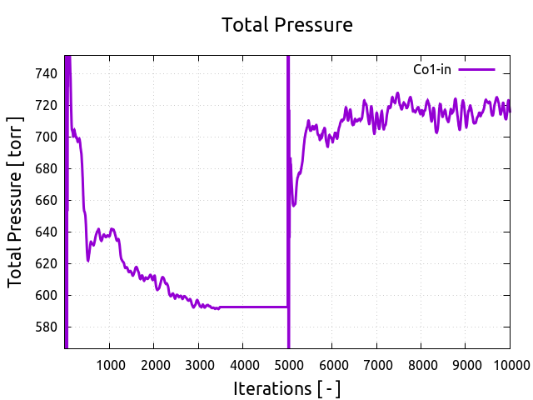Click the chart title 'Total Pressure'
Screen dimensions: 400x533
pos(286,25)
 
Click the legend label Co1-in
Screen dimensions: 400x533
pos(432,69)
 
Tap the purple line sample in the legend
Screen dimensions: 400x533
pos(476,69)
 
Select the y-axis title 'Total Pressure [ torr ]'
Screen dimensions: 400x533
pos(17,202)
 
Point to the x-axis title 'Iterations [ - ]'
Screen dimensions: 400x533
pos(286,388)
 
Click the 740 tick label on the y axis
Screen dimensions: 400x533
pos(46,73)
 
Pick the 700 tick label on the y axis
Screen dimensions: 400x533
pos(46,137)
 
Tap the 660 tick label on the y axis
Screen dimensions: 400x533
pos(46,200)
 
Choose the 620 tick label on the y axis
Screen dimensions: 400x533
pos(46,263)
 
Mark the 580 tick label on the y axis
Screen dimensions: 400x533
pos(46,327)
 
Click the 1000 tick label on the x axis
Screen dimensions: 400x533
pos(109,364)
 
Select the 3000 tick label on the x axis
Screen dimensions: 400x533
pos(198,364)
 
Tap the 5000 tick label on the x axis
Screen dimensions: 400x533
pos(287,364)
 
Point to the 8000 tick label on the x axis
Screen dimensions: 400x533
pos(421,364)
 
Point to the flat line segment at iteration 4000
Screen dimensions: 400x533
pos(243,307)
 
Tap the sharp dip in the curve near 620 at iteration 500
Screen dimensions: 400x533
pos(87,260)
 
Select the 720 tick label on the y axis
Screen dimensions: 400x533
pos(46,105)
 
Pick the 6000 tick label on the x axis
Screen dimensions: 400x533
pos(331,364)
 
